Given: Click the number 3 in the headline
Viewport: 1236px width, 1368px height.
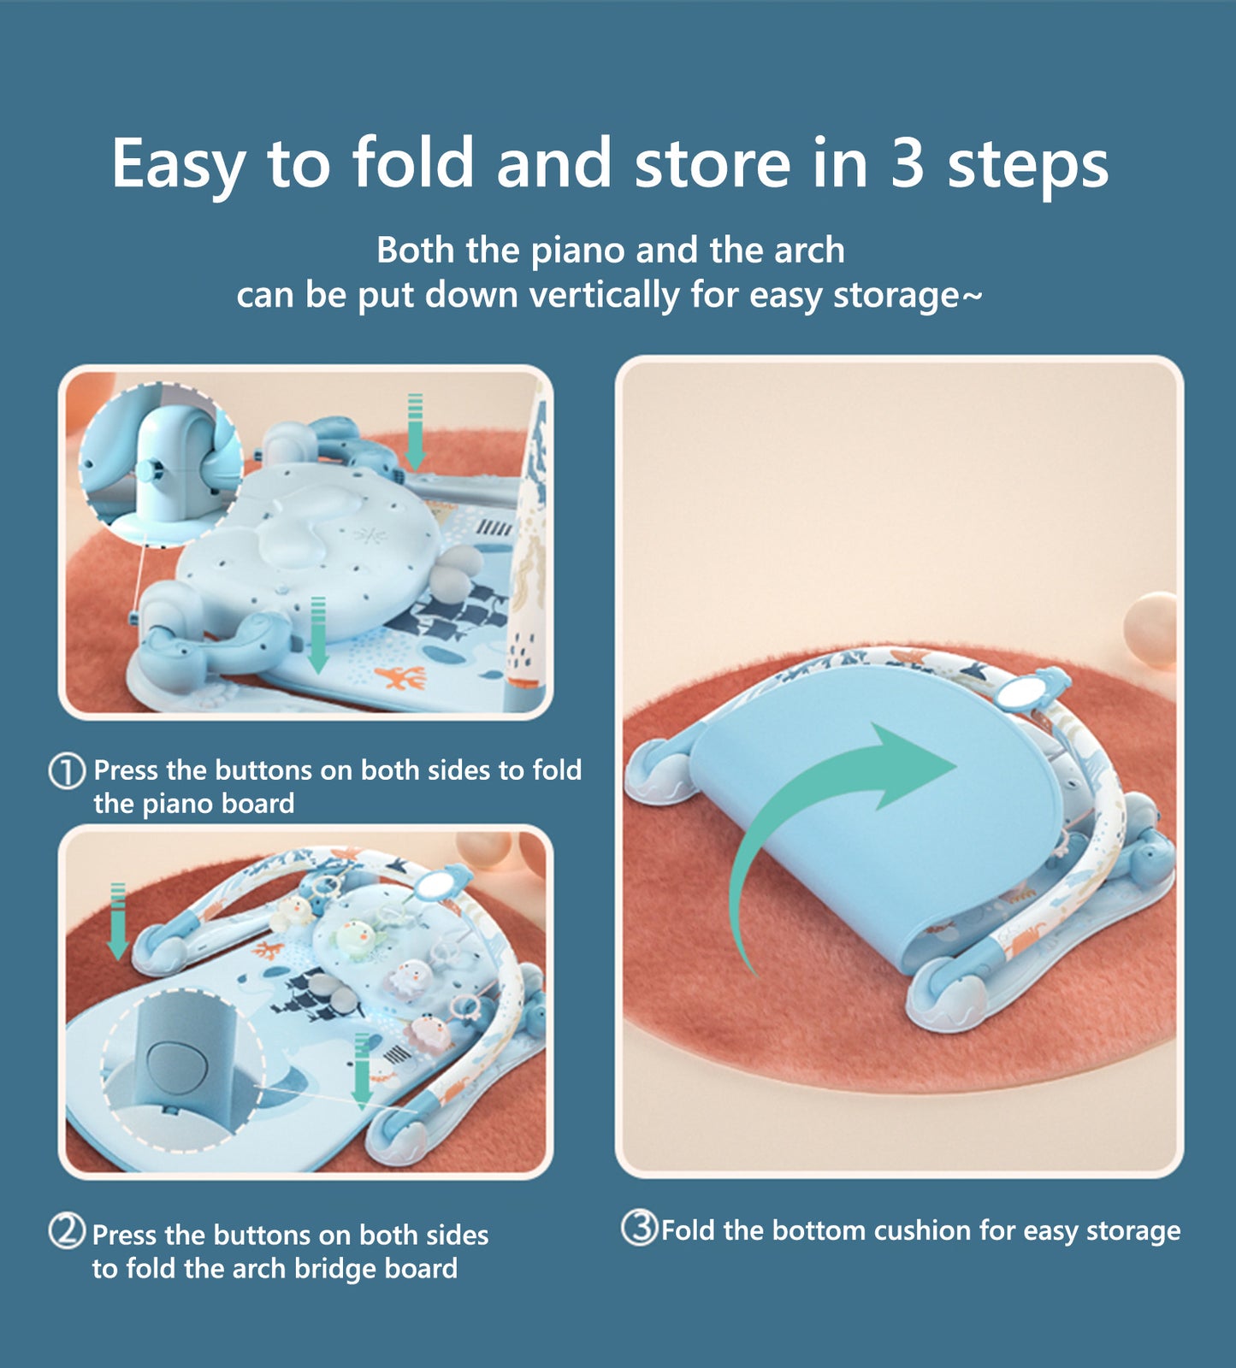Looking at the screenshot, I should tap(907, 162).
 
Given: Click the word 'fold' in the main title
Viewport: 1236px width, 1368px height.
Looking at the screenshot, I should tap(412, 162).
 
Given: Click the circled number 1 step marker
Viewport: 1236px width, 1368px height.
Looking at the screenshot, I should tap(67, 770).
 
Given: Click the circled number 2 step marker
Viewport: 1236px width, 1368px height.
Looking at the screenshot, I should tap(67, 1232).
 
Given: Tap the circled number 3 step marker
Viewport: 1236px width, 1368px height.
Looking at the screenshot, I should tap(639, 1229).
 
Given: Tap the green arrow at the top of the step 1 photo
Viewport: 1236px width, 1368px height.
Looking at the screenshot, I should tap(415, 432).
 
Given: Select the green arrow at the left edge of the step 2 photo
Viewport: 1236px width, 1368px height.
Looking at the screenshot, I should tap(117, 922).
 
